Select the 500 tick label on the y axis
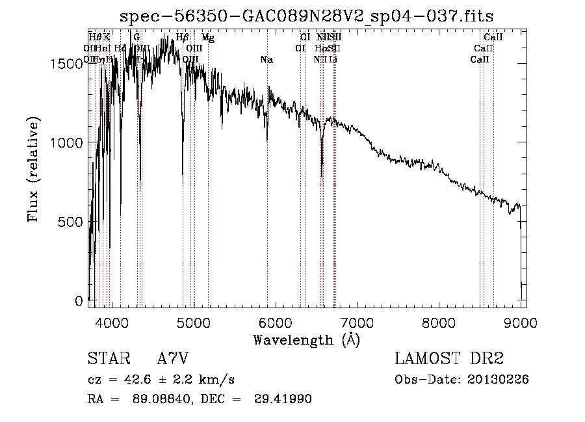(71, 222)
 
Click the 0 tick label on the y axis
(80, 301)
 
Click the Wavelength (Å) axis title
(306, 339)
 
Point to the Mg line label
(207, 38)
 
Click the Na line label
(266, 60)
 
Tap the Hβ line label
(183, 38)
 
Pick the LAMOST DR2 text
(448, 358)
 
